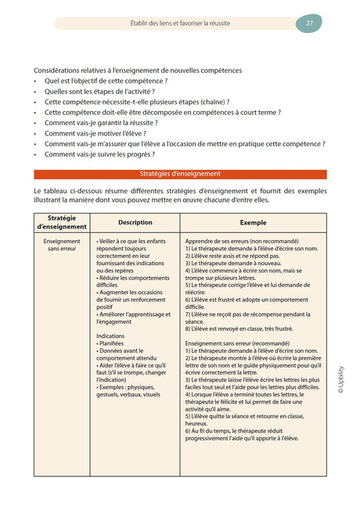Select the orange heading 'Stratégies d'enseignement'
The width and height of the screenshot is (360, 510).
click(x=180, y=174)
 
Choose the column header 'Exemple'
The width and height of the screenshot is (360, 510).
click(x=253, y=222)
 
